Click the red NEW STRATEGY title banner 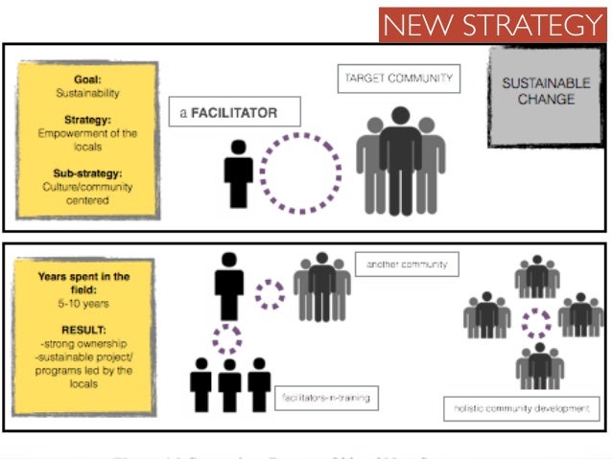(x=493, y=22)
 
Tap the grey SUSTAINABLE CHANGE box (x=545, y=92)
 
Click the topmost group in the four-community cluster (x=536, y=278)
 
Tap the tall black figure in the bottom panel (x=229, y=285)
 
